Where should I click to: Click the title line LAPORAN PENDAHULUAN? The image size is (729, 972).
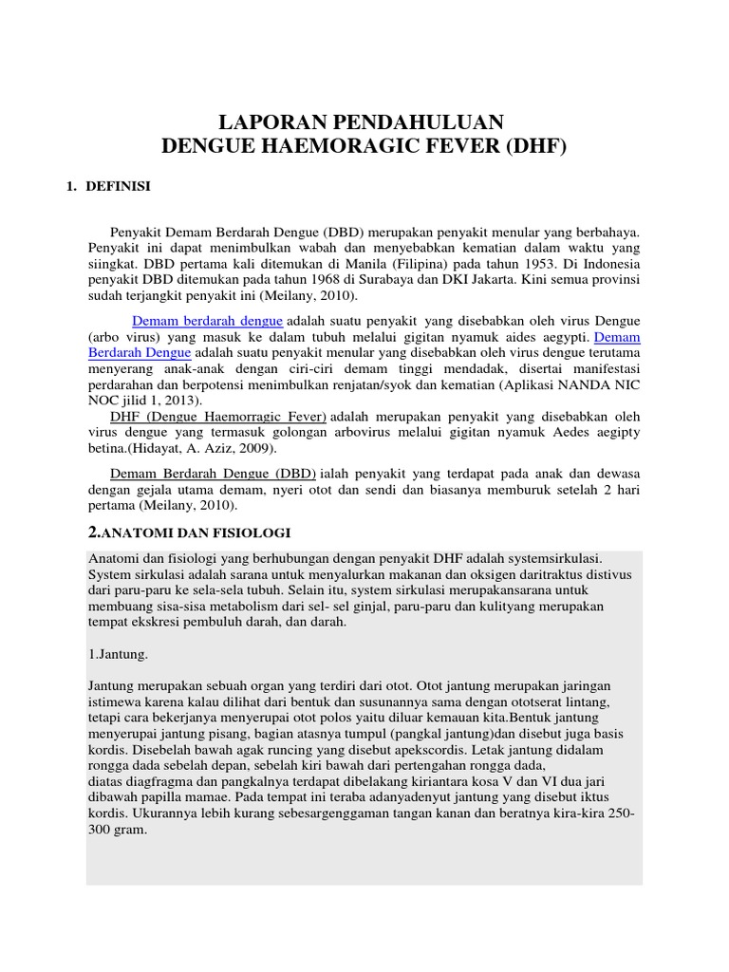[x=363, y=122]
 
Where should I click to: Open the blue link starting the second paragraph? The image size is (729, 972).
[x=207, y=321]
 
